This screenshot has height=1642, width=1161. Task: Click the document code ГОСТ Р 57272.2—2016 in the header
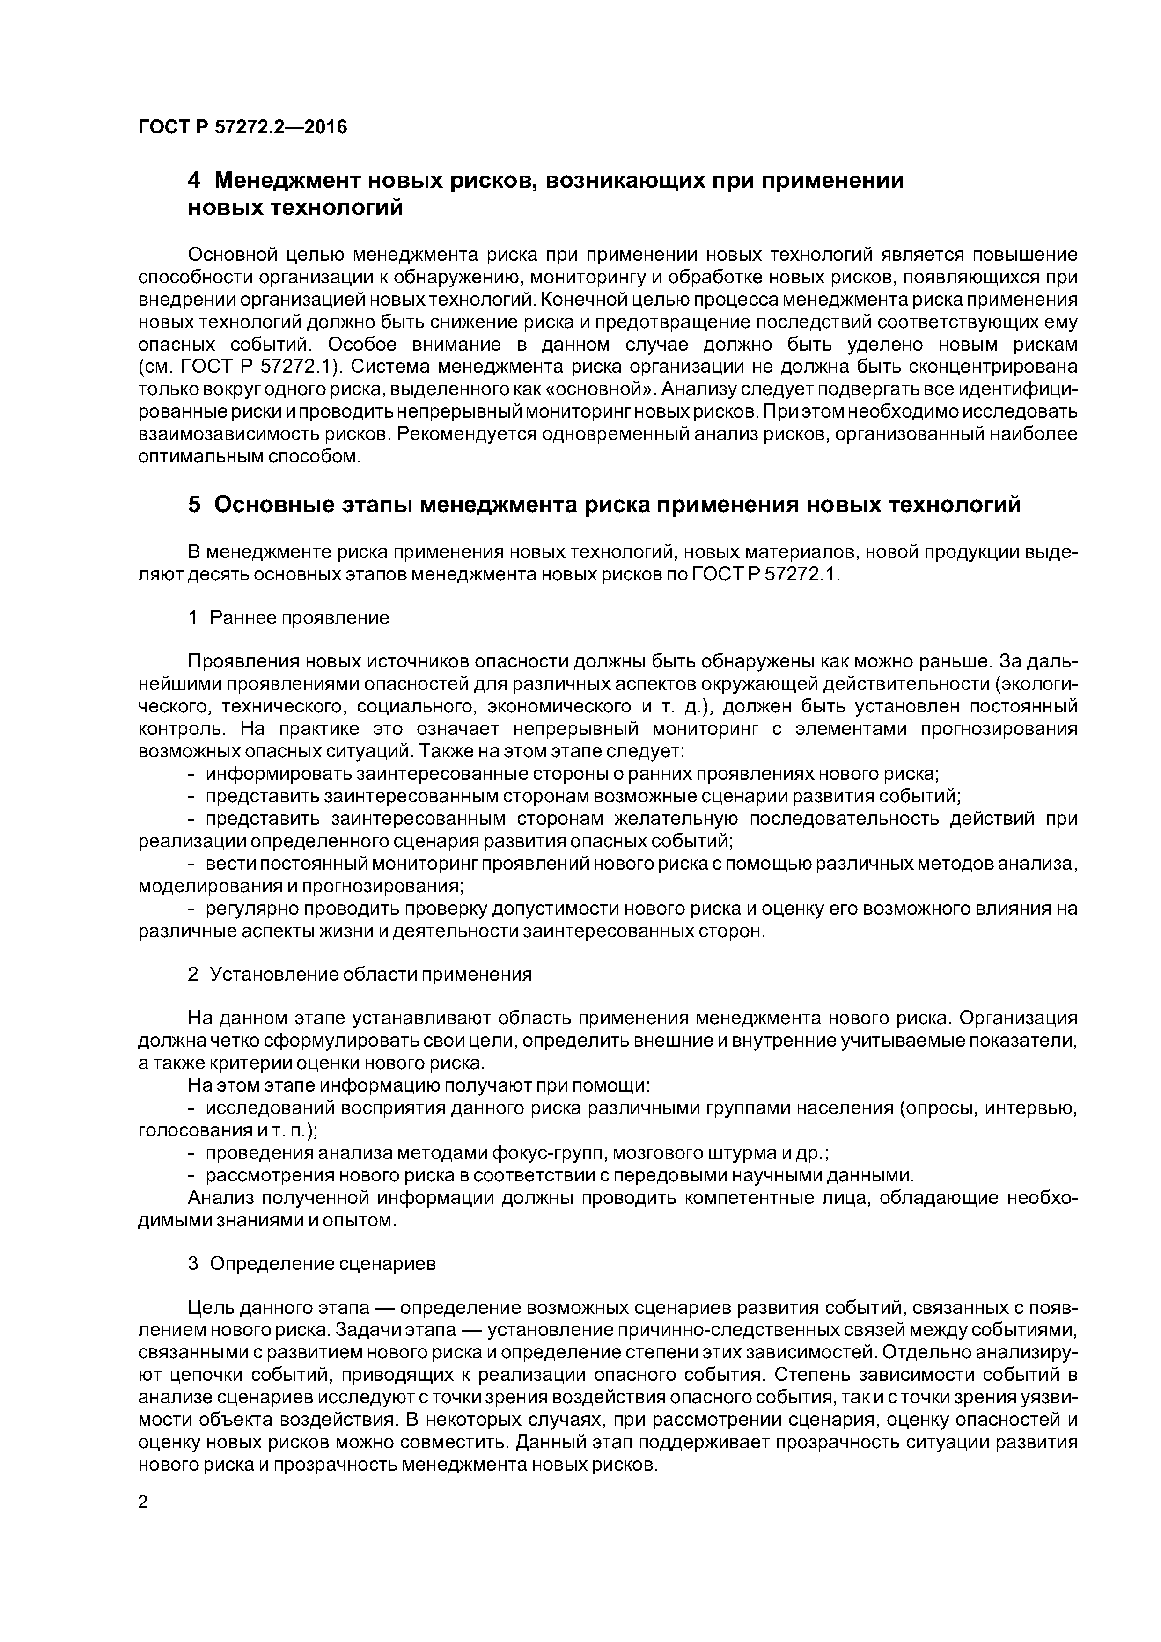point(242,127)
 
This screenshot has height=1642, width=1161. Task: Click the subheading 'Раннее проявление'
point(299,618)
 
